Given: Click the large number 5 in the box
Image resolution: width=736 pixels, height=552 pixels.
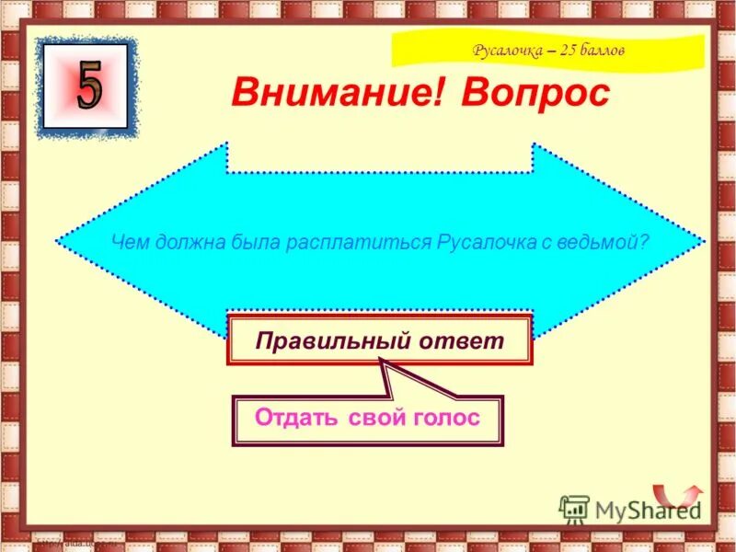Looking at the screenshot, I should (89, 86).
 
